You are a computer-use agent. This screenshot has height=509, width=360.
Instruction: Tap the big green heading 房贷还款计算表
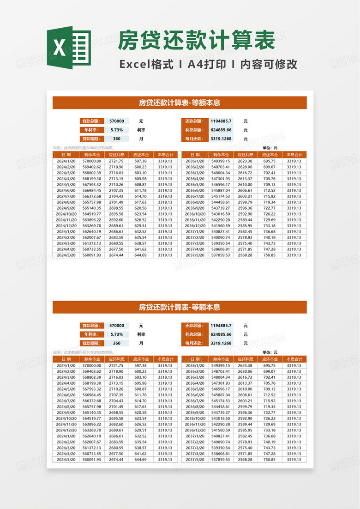pyautogui.click(x=197, y=41)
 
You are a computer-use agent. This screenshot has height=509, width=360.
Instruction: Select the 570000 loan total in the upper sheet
pyautogui.click(x=117, y=121)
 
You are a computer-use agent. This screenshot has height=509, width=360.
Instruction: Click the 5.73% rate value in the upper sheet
pyautogui.click(x=117, y=130)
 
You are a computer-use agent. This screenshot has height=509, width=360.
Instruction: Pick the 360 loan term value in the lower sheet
pyautogui.click(x=117, y=343)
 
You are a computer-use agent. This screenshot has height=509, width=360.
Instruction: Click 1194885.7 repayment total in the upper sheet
pyautogui.click(x=221, y=121)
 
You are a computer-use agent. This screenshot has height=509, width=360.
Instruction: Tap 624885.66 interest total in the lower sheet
pyautogui.click(x=221, y=334)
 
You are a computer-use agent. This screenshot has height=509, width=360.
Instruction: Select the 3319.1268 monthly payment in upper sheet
pyautogui.click(x=221, y=139)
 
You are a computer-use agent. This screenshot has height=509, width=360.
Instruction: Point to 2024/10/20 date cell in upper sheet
pyautogui.click(x=66, y=214)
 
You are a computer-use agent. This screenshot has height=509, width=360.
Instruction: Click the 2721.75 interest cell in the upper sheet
pyautogui.click(x=116, y=161)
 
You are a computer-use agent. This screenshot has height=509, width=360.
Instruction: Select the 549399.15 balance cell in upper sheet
pyautogui.click(x=221, y=161)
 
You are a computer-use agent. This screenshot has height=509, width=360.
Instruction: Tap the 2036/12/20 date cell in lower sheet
pyautogui.click(x=195, y=430)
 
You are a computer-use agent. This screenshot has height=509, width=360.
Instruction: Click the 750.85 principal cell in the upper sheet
pyautogui.click(x=270, y=255)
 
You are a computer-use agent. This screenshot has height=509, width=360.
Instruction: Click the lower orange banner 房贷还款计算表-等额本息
pyautogui.click(x=180, y=307)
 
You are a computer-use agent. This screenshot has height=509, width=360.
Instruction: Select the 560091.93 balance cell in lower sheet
pyautogui.click(x=91, y=460)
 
